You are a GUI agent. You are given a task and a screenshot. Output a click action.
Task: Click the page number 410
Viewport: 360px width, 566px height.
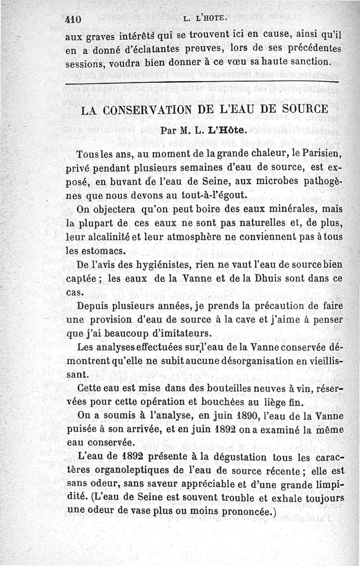pos(72,19)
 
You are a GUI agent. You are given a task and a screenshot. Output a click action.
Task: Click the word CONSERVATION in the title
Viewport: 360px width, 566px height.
pos(151,110)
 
